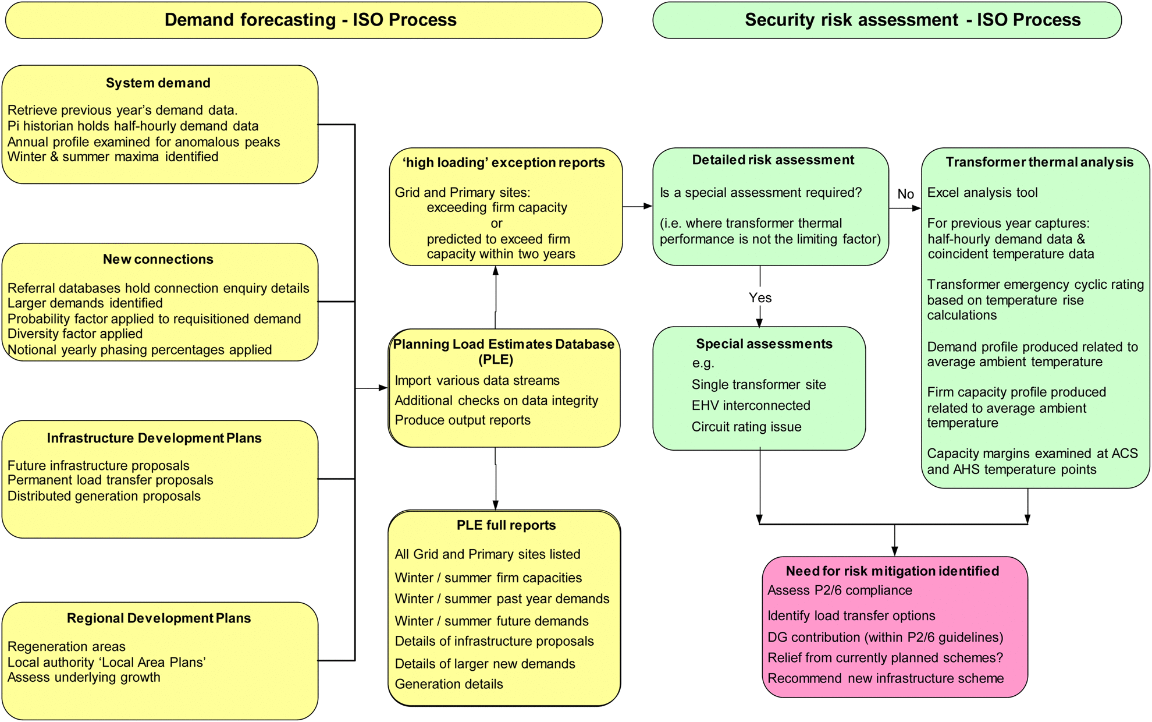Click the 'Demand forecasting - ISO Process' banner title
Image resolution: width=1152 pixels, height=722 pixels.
(x=310, y=20)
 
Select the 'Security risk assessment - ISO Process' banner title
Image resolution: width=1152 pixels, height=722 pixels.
(x=912, y=20)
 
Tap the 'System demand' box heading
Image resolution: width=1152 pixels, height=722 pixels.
(x=158, y=83)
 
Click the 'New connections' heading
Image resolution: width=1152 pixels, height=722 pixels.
(x=158, y=259)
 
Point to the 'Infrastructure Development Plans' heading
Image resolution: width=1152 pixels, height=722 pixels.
(x=154, y=438)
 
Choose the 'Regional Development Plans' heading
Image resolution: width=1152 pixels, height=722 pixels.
(x=159, y=618)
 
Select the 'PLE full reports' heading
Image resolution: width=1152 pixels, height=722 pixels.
(x=506, y=525)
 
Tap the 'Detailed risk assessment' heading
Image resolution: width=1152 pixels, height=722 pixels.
(x=773, y=160)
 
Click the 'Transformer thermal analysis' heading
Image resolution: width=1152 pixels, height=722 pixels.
(x=1040, y=162)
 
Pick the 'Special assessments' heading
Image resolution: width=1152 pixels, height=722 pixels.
(x=764, y=344)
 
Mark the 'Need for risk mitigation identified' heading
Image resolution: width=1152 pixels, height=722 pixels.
(x=893, y=571)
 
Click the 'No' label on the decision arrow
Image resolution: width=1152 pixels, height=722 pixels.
(x=906, y=194)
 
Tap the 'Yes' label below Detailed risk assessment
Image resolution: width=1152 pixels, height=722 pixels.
(x=760, y=298)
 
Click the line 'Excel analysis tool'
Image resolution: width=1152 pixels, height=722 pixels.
(x=982, y=193)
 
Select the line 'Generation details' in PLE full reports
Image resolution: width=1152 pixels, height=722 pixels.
(x=449, y=684)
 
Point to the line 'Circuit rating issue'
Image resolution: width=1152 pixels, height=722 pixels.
(x=746, y=427)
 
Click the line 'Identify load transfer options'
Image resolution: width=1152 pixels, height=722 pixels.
(x=851, y=615)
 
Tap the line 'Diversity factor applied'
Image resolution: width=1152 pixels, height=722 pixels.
(x=75, y=334)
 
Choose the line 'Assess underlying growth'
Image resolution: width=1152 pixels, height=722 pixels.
(x=84, y=677)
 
